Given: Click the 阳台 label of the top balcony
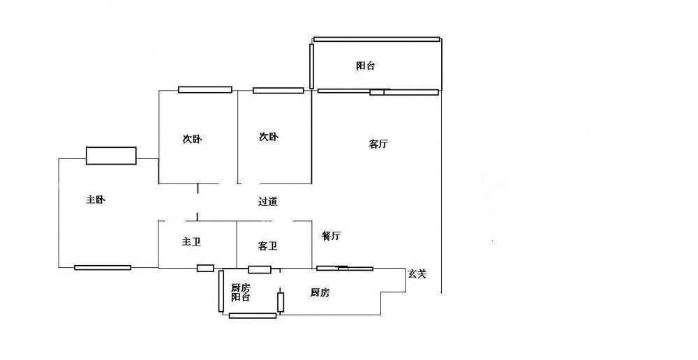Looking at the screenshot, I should pos(365,66).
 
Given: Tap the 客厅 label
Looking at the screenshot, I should pos(378,144).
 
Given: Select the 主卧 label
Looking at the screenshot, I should pos(96,200).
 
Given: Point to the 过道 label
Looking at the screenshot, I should pos(268,202).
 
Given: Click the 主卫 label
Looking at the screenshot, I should pos(192,242).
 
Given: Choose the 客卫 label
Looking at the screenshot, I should pos(268,246).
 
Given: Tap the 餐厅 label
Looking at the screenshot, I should pos(331,236).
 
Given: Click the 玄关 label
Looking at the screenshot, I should pos(417,274).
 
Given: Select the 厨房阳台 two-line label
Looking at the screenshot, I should pos(241,292).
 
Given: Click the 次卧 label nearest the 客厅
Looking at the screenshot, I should pos(269,137).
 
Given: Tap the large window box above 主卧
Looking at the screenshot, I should pos(111,156).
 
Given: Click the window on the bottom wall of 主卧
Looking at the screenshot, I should pos(103,267).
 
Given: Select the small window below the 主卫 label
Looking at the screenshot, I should pos(205,268).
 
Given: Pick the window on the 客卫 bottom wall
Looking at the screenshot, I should pos(260,269).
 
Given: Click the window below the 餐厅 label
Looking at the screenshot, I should pos(345,268).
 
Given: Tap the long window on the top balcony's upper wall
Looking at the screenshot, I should pos(377,39).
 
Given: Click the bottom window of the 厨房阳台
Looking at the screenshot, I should pos(252,315).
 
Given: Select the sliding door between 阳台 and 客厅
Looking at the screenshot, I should pos(378,91).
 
